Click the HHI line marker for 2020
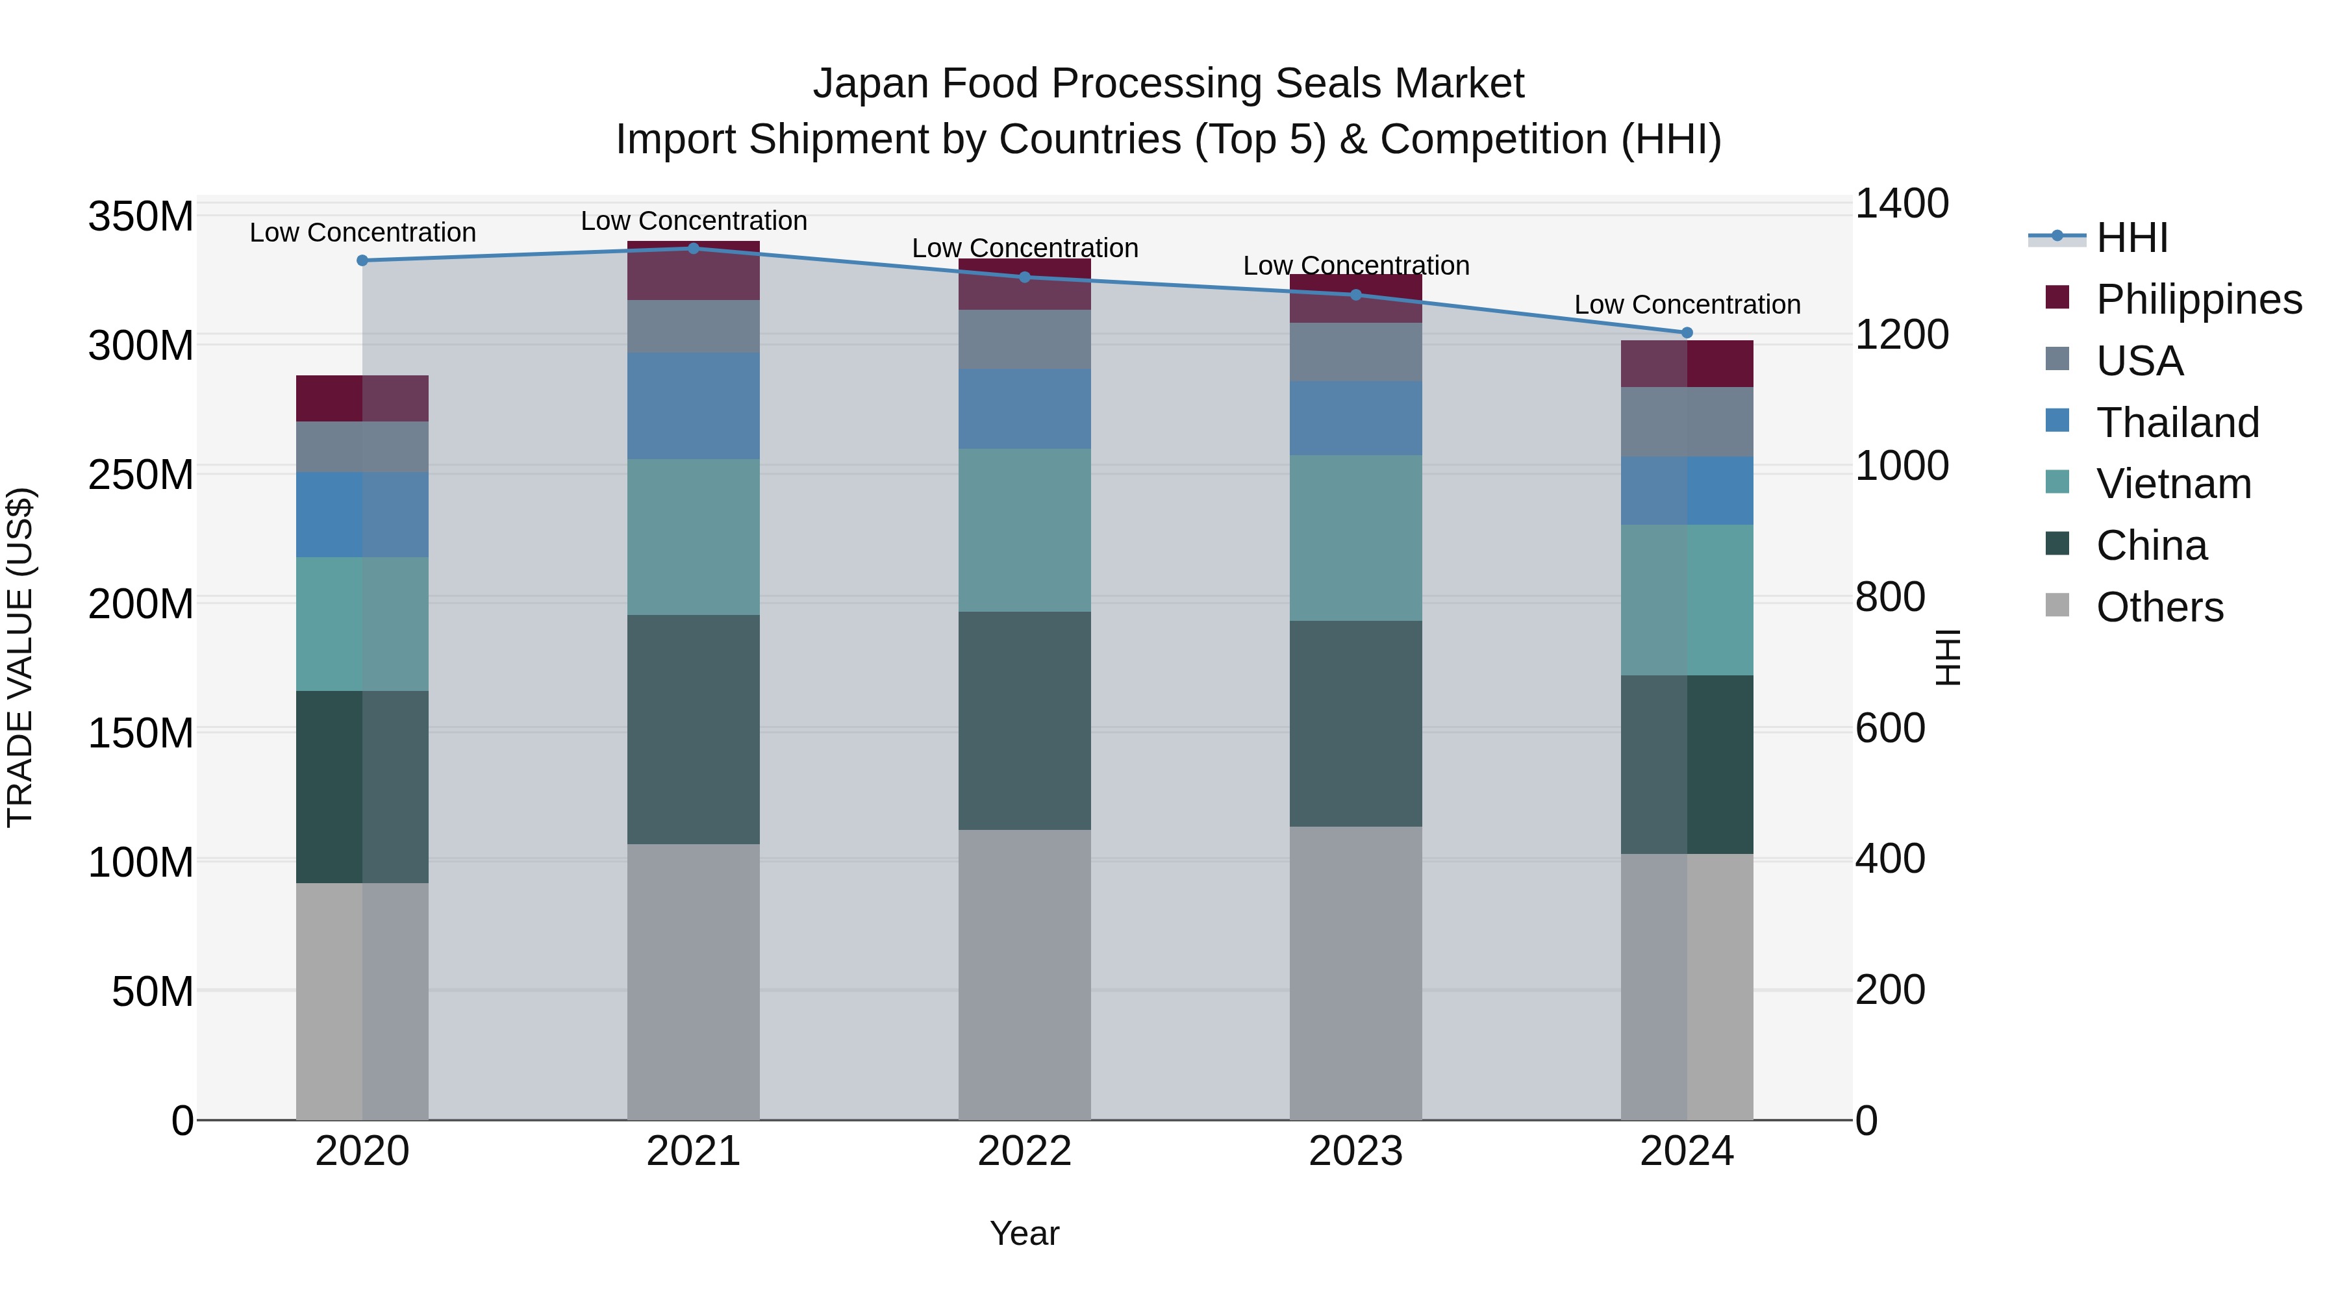pos(362,260)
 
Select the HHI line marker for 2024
pos(1687,333)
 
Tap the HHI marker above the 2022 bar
pos(1025,277)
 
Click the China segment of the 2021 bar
pos(694,730)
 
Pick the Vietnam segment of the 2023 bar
pos(1356,538)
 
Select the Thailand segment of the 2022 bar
pos(1025,409)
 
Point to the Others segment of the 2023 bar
pos(1356,973)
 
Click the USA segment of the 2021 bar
pos(694,327)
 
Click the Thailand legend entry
pos(2176,423)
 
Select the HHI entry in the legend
pos(2131,238)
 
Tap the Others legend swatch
pos(2057,605)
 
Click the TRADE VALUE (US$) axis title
pos(20,657)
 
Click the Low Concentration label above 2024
pos(1687,305)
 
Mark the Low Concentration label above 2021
pos(694,221)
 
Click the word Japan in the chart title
pos(872,84)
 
